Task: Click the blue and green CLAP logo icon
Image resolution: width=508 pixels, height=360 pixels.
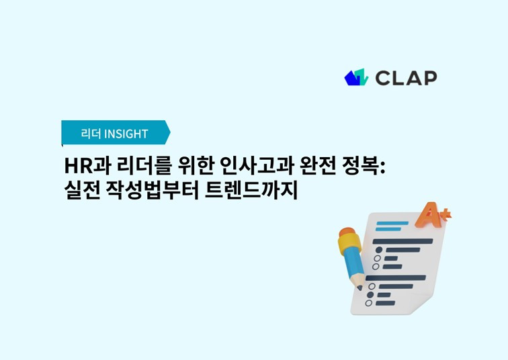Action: coord(356,77)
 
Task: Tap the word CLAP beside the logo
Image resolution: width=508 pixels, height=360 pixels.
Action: coord(407,78)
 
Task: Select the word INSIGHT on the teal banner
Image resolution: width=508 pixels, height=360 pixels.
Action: coord(126,134)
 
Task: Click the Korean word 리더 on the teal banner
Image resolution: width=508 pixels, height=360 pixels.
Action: coord(91,134)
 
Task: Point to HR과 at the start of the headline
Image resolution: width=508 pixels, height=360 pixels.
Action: coord(88,166)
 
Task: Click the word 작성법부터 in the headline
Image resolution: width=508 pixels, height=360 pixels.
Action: coord(153,190)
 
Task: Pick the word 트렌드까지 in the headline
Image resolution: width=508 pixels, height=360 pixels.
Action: coord(251,190)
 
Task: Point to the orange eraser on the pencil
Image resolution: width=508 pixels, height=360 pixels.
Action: coord(347,232)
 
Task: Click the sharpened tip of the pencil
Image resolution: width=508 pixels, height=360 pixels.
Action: coord(359,288)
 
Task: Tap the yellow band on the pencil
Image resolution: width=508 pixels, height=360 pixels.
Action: coord(349,243)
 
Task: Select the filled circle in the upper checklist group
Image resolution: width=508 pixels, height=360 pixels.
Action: coord(379,250)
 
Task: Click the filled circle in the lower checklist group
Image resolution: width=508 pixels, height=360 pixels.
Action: coord(370,295)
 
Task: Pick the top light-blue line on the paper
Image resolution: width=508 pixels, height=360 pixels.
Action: coord(392,224)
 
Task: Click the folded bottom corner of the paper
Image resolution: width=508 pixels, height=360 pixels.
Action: coord(419,306)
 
